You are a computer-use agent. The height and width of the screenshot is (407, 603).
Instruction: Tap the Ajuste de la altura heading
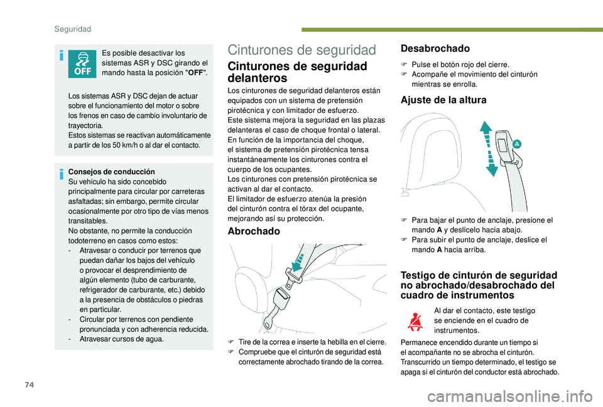coord(444,99)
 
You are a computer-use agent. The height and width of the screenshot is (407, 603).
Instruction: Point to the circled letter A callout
coord(516,144)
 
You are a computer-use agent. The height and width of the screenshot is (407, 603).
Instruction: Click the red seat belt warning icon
coord(414,322)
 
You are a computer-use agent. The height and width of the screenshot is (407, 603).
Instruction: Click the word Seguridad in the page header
coord(74,29)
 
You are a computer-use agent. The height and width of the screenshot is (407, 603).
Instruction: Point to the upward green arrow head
coord(485,126)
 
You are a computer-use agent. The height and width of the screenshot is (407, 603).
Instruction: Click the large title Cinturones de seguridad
coord(302,50)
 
